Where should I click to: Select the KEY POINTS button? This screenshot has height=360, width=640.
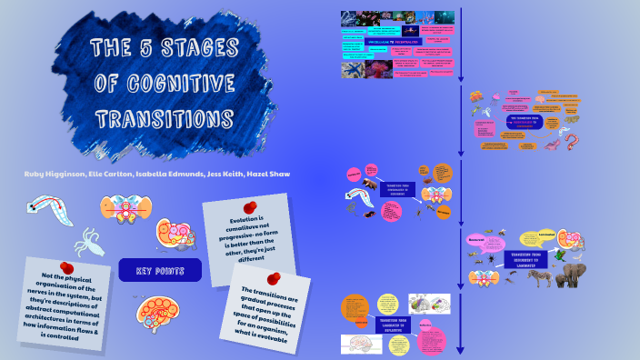click(x=160, y=271)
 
